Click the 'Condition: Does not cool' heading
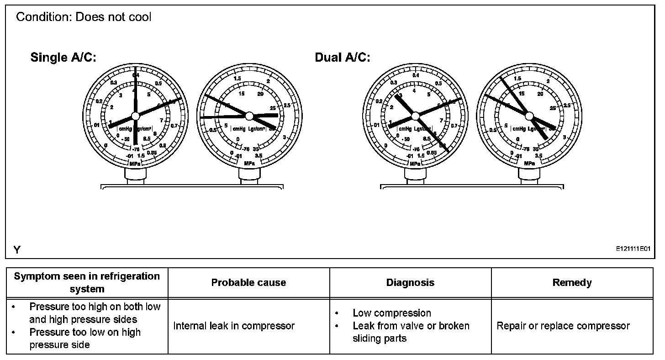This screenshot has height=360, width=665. tap(84, 17)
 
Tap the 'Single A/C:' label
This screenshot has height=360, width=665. tap(63, 58)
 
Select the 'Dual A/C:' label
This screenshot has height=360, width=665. tap(343, 58)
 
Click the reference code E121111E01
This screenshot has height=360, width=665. tap(633, 249)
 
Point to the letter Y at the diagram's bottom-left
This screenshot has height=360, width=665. tap(17, 249)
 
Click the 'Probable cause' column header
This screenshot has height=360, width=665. tap(248, 283)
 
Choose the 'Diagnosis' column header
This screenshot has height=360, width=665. tap(410, 283)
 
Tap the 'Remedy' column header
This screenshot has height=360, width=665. tap(572, 283)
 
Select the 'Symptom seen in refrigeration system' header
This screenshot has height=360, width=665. tap(87, 282)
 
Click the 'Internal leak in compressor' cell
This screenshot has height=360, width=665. tap(234, 326)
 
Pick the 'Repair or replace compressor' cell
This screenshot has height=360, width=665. tap(563, 326)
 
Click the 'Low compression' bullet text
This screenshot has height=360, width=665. tap(391, 313)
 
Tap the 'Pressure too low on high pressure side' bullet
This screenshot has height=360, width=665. tap(85, 339)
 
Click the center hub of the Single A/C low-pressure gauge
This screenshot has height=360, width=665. tap(135, 116)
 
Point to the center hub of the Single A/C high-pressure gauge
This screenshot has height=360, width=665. tap(249, 115)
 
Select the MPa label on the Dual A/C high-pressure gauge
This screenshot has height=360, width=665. tap(529, 163)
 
